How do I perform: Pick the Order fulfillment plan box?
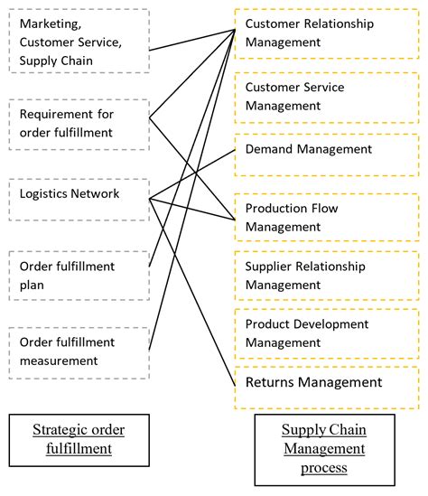pyautogui.click(x=79, y=275)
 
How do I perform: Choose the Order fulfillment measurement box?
pyautogui.click(x=79, y=351)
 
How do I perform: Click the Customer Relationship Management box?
pyautogui.click(x=327, y=33)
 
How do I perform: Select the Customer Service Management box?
pyautogui.click(x=327, y=97)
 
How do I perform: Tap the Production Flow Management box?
pyautogui.click(x=327, y=217)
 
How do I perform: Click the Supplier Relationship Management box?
pyautogui.click(x=327, y=276)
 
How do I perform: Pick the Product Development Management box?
pyautogui.click(x=327, y=332)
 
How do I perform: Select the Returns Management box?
pyautogui.click(x=327, y=383)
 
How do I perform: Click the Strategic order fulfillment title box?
pyautogui.click(x=79, y=438)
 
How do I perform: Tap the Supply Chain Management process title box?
pyautogui.click(x=323, y=448)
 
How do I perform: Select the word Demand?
pyautogui.click(x=270, y=148)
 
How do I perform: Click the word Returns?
pyautogui.click(x=273, y=383)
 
